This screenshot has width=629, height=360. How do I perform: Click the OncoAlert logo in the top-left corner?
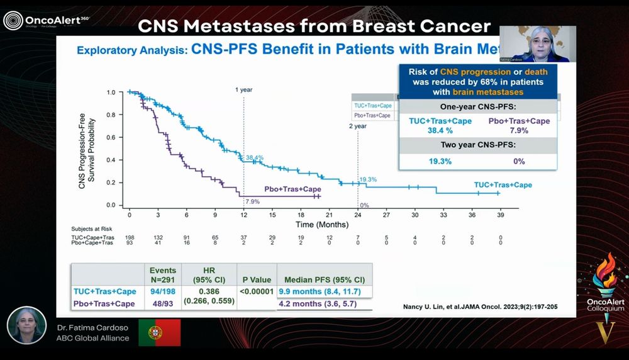pos(47,21)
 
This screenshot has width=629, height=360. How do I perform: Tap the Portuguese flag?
pos(159,332)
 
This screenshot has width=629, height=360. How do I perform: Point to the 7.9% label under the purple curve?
pos(252,201)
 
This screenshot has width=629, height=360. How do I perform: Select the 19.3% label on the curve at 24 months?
pos(368,179)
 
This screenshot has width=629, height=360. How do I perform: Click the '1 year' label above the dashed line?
pos(243,89)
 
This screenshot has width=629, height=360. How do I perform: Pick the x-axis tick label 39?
pos(500,215)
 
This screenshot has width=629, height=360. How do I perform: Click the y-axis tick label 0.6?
pos(111,138)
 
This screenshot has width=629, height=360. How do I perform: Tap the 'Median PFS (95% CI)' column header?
pos(325,279)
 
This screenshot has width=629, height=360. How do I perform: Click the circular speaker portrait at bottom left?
pos(27,325)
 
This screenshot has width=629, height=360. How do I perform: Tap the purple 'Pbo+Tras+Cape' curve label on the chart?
pos(289,189)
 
